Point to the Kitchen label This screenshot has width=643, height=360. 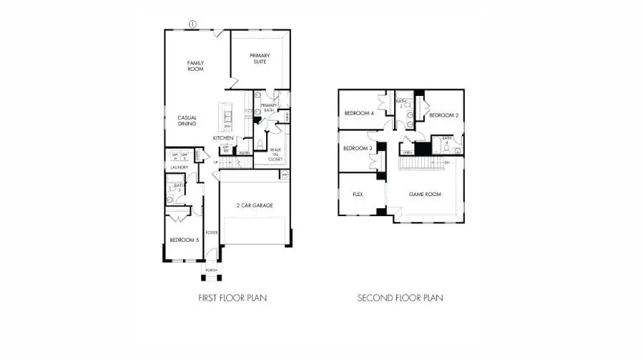point(223,137)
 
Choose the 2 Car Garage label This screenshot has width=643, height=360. point(255,205)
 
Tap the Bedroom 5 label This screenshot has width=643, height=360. point(184,240)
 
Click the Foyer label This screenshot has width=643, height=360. point(211,233)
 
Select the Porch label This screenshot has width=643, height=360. point(211,270)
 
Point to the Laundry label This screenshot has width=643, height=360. point(179,167)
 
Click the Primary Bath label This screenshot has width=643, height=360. point(268,107)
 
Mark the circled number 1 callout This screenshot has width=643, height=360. point(192,24)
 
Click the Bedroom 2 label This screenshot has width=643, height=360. point(443,115)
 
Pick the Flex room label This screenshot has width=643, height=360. point(359,194)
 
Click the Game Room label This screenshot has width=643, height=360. point(424,194)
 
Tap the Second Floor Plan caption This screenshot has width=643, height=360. point(400,297)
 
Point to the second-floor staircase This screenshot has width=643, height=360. point(415,164)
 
